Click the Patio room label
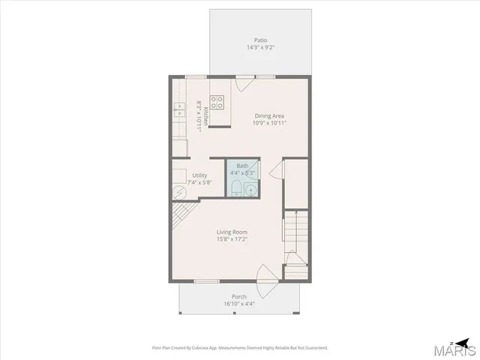[x=260, y=40]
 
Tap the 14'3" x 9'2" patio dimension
[x=260, y=48]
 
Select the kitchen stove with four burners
[x=217, y=103]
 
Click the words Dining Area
[x=268, y=115]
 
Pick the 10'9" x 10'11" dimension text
[x=268, y=123]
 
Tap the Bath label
[x=242, y=166]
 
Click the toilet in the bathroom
[x=235, y=187]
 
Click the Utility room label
[x=178, y=175]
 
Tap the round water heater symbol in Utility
[x=179, y=192]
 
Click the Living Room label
[x=232, y=232]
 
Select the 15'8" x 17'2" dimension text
[x=232, y=239]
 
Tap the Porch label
[x=238, y=296]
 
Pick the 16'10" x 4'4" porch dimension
[x=238, y=304]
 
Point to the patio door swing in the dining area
[x=242, y=83]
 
